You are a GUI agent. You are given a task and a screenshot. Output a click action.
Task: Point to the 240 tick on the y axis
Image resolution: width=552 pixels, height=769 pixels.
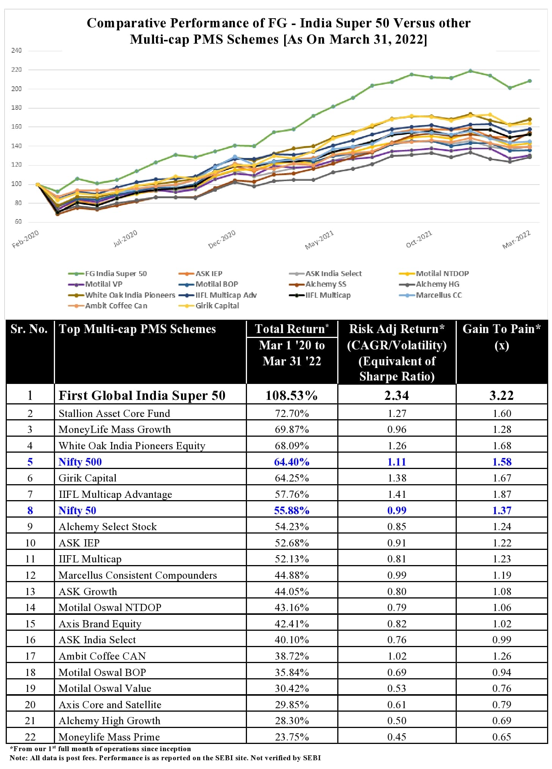coord(17,51)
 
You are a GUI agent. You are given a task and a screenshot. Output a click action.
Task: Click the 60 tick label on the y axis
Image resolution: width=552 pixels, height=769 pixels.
coord(18,222)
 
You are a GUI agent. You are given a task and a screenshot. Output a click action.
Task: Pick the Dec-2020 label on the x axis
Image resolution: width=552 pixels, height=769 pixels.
coord(222,239)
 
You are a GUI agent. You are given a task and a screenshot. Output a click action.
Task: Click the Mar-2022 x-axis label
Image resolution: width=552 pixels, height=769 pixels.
coord(516,240)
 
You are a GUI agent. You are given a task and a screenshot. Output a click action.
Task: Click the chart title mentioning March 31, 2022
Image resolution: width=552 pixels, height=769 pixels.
coord(278,31)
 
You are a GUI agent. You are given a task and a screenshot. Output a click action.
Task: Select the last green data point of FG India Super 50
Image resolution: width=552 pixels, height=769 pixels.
coord(530,81)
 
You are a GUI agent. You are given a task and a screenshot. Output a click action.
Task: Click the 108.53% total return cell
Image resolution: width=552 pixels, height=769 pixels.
coord(291,395)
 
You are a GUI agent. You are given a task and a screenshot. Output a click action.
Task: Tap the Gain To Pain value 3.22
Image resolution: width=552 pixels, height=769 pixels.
coord(502,395)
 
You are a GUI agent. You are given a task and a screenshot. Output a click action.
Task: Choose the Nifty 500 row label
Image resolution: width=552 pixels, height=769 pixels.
coord(80,462)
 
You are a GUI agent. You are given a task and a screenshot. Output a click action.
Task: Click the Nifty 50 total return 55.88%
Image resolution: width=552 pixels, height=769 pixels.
coord(291,510)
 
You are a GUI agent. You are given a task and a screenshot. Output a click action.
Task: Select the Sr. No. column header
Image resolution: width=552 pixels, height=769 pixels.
coord(30,329)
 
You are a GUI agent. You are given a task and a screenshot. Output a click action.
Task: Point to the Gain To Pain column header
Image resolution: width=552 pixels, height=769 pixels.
coord(502,336)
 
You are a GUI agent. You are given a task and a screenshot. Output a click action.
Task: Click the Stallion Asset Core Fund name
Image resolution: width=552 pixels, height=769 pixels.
coord(114,413)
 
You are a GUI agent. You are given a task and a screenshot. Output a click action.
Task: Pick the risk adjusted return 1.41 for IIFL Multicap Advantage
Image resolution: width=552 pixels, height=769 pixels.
coord(397,494)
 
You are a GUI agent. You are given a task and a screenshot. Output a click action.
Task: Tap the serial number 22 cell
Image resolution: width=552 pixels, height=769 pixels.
coord(30,737)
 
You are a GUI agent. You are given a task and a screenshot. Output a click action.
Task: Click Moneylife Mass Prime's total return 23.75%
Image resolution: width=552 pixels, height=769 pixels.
coord(291,737)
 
